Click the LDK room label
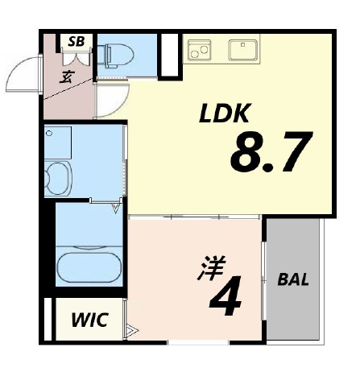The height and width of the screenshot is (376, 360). click(x=225, y=113)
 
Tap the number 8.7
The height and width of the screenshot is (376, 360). click(x=271, y=151)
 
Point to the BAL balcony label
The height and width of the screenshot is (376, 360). click(x=293, y=279)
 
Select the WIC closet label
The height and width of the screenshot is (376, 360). click(x=89, y=320)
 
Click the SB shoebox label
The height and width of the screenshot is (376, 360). click(x=77, y=41)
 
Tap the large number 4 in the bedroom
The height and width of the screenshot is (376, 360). click(x=226, y=295)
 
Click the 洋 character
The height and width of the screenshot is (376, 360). click(x=211, y=268)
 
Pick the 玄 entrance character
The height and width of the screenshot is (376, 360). click(x=66, y=76)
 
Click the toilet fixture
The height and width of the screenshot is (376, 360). click(x=115, y=56)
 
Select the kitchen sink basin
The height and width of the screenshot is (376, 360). click(x=243, y=50)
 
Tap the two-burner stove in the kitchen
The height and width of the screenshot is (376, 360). click(x=199, y=50)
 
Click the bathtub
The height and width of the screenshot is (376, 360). click(x=89, y=267)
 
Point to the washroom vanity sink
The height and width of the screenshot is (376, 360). click(x=57, y=178)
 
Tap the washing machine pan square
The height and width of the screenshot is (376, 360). click(x=58, y=143)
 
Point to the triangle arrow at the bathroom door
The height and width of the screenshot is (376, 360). click(x=116, y=209)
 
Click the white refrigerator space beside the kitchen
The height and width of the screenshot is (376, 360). click(x=169, y=55)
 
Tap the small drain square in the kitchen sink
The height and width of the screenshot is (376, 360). click(x=242, y=45)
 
